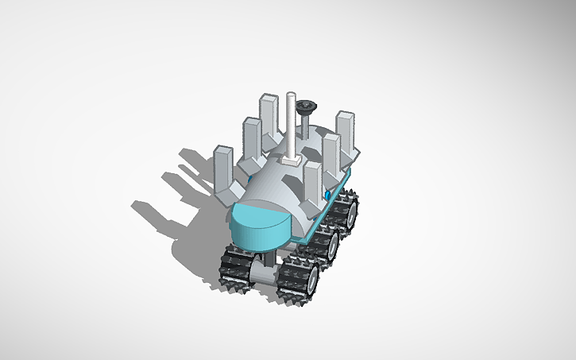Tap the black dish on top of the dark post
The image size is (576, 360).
point(305,105)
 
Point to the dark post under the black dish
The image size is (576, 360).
point(305,127)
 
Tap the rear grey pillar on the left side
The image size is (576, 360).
point(266,116)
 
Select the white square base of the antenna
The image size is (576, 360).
point(289,159)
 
